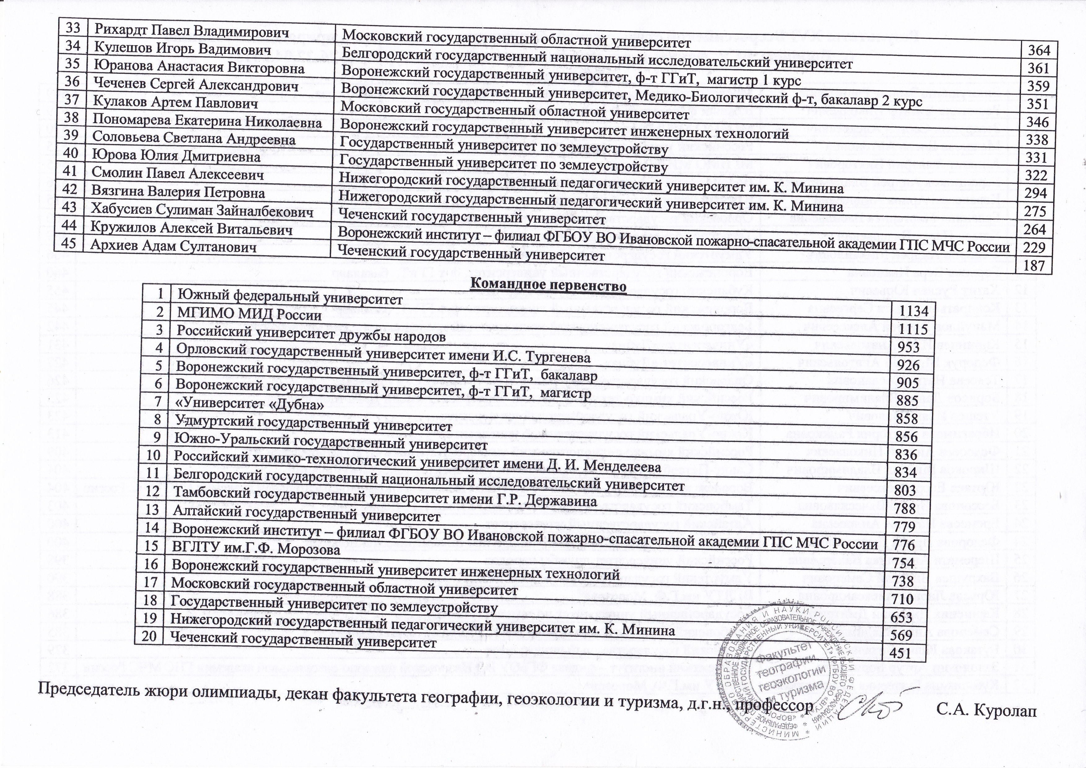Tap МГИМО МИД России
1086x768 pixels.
[249, 315]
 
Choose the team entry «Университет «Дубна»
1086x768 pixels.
[251, 405]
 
